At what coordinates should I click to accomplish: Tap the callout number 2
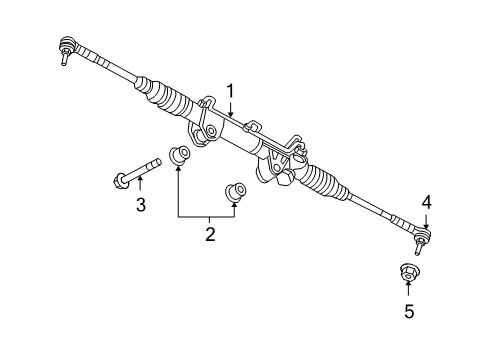(210, 234)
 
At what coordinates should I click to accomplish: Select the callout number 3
(140, 205)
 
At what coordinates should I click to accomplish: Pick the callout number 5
(408, 311)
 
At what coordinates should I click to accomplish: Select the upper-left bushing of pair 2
(181, 156)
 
